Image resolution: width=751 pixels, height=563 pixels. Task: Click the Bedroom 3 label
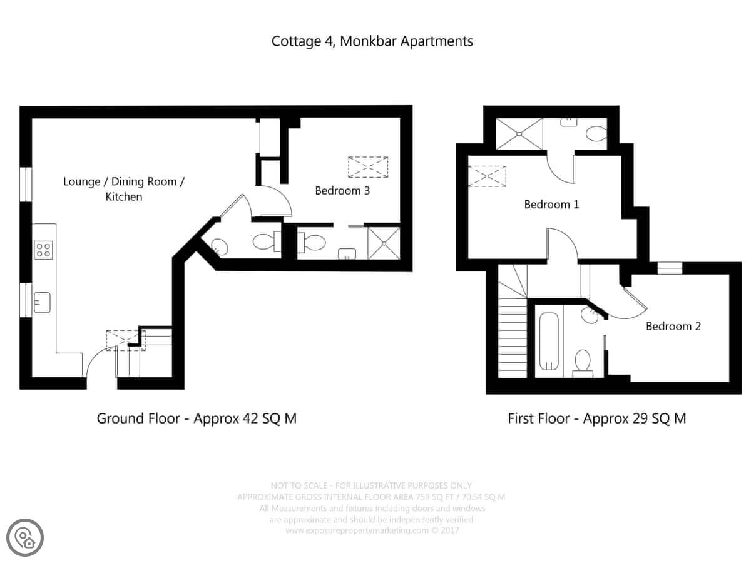coord(342,190)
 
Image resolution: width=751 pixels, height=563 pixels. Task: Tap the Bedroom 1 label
coord(551,205)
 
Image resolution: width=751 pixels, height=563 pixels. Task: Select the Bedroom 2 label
coord(673,326)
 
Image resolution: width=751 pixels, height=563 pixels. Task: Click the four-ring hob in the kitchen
coord(43,250)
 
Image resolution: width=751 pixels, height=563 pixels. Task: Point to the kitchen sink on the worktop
coord(42,302)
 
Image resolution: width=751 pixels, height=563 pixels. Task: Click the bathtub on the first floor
coord(549,342)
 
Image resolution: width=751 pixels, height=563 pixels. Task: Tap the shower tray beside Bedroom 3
coord(384,243)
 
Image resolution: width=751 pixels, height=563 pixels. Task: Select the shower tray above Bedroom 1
coord(519,134)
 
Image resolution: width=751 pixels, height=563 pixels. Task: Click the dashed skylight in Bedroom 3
coord(368,167)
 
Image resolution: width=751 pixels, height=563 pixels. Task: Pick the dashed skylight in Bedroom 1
coord(487,176)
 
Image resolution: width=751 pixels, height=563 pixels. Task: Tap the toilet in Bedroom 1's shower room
coord(596,133)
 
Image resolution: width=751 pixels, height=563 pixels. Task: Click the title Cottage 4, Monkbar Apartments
coord(372,41)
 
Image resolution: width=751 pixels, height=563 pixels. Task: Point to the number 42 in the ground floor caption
coord(250,418)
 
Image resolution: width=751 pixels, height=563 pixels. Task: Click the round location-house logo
coord(25,538)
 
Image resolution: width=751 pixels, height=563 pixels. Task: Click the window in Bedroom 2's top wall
coord(670,268)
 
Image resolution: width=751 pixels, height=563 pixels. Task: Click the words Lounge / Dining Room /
coord(124,181)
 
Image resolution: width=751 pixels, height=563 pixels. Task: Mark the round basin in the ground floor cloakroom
coord(219,247)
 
